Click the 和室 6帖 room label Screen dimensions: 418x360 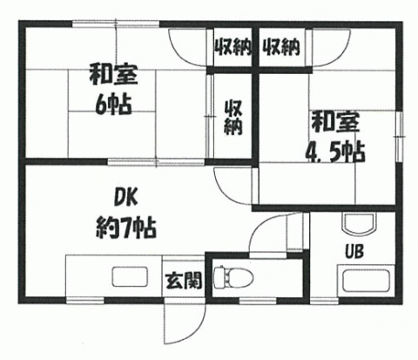pos(113,90)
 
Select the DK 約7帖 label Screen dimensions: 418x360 pos(126,214)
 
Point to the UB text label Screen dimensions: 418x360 pos(354,251)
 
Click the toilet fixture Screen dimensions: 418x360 pos(233,276)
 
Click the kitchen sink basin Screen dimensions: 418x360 pos(130,276)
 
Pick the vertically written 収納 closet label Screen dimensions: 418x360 pos(233,117)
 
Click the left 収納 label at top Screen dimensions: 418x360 pos(233,46)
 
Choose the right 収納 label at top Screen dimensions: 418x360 pos(281,46)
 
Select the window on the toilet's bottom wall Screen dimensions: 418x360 pos(258,301)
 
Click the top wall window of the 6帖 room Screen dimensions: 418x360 pos(116,24)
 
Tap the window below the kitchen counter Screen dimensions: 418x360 pos(85,301)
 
